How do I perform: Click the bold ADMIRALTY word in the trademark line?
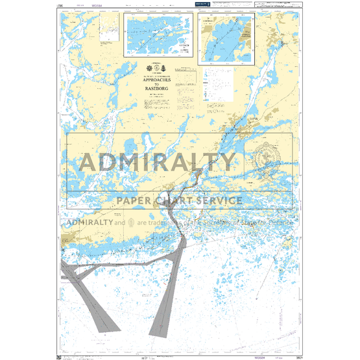[88, 223]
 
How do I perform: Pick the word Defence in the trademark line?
[279, 223]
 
